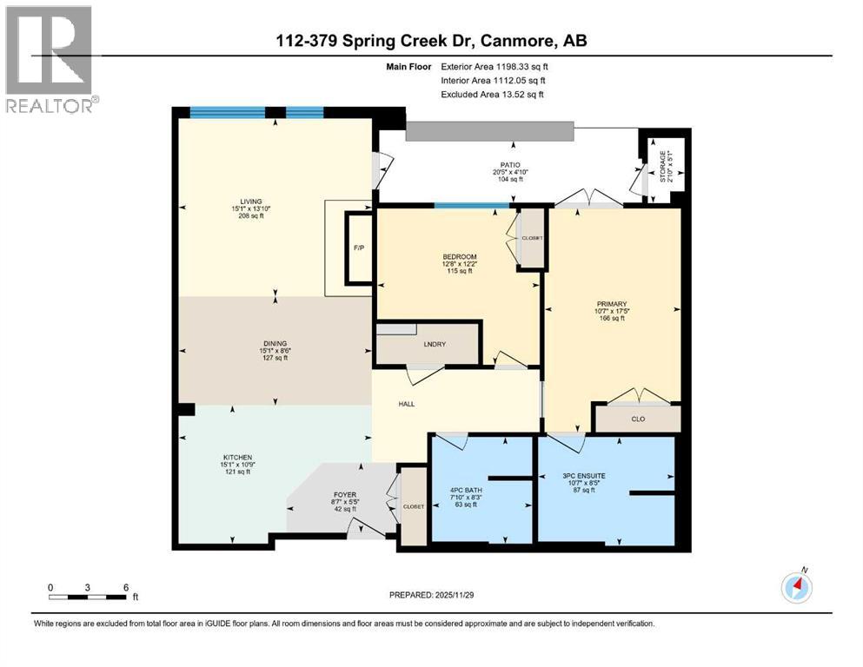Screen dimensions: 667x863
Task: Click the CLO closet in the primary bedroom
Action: pos(637,419)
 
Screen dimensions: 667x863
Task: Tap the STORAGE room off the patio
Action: pos(666,167)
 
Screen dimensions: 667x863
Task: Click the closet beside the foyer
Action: pos(413,506)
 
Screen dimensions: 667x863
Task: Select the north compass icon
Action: pos(797,586)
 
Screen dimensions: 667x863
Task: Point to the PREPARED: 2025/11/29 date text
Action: pos(431,596)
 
